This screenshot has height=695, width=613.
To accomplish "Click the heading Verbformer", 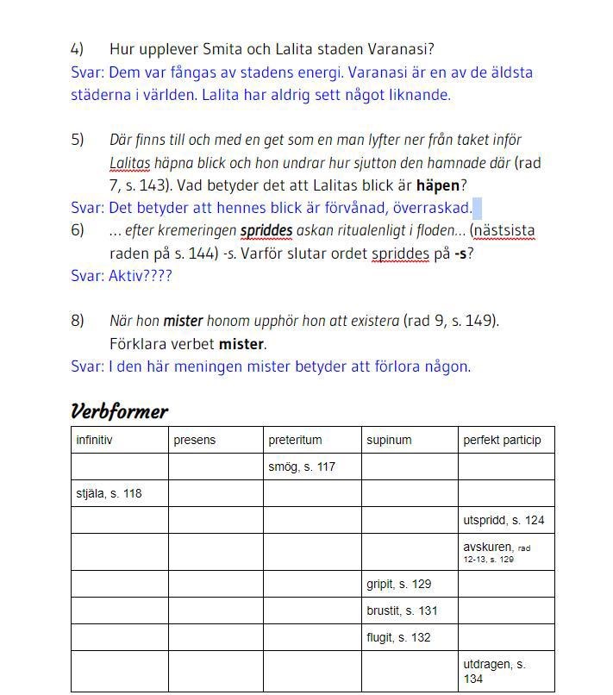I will click(119, 411).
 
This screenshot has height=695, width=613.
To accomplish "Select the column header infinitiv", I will click(94, 440).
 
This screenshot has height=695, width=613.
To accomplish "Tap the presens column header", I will click(194, 440).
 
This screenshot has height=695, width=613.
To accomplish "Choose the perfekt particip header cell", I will click(502, 440).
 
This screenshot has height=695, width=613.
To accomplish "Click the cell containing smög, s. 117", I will click(301, 466).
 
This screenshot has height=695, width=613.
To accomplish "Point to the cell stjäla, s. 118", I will click(109, 493).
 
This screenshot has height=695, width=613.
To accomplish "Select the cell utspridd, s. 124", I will click(504, 520).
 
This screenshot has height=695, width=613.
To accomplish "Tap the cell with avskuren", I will click(488, 547).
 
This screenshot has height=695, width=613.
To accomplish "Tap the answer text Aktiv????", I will click(140, 276).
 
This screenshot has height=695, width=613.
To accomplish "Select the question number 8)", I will click(78, 321).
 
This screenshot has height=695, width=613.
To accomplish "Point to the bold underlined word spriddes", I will click(266, 231).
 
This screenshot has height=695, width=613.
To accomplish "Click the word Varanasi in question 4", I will click(397, 49).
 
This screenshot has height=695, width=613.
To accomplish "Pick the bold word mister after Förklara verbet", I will click(241, 344).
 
